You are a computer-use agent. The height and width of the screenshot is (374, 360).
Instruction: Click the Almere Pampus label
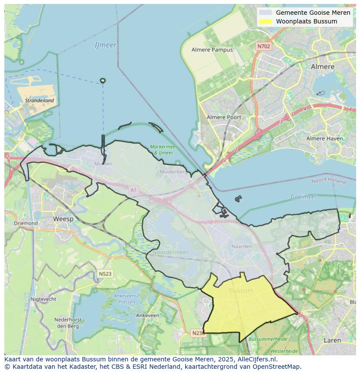pos(212,50)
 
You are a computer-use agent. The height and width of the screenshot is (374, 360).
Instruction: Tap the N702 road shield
pos(263,46)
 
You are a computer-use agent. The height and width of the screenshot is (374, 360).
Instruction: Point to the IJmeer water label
pos(105,45)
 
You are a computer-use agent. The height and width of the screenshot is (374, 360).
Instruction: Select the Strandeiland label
pos(40,100)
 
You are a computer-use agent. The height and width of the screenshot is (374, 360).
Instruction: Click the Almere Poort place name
pos(223,117)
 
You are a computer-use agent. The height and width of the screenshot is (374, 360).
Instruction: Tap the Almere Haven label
pos(324,139)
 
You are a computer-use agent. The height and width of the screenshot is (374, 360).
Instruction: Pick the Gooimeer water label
pos(303,197)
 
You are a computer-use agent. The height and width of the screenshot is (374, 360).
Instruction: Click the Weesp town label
pos(63,219)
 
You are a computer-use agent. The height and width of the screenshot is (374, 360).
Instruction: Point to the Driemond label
pos(26,223)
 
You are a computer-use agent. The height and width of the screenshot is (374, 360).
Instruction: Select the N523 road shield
pos(105,274)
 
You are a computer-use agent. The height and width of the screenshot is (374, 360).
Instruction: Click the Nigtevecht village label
pos(43,299)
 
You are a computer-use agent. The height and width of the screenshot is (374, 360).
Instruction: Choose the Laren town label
pos(332,341)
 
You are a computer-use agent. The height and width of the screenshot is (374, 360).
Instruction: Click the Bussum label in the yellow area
pos(241,291)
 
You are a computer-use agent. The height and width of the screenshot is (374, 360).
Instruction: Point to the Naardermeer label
pos(170,252)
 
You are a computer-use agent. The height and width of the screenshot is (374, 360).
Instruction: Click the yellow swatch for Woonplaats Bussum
pos(265,21)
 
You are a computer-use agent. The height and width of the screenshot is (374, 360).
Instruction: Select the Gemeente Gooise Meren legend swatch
pos(265,13)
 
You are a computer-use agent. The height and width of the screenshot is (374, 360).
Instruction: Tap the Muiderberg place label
pos(173,172)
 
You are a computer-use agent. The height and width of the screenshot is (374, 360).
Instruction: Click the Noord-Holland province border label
pos(328,180)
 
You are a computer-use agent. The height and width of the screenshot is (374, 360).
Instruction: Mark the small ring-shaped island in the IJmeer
pos(103,80)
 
